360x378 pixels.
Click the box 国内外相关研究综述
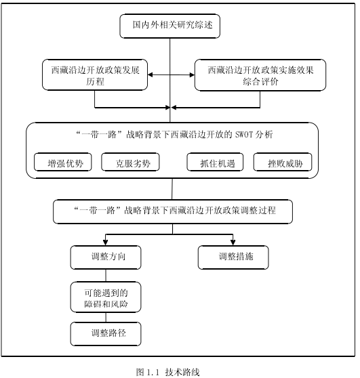click(x=170, y=26)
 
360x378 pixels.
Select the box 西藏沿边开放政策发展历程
click(x=95, y=75)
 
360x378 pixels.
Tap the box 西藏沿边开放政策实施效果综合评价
click(x=260, y=75)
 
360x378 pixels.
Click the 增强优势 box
click(x=63, y=162)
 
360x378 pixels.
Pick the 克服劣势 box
click(x=130, y=162)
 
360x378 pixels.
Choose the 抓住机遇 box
click(x=215, y=162)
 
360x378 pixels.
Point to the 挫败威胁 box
click(x=283, y=162)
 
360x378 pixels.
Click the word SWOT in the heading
click(x=243, y=135)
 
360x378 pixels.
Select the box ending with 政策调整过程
click(x=173, y=211)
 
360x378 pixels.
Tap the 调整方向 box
click(x=106, y=257)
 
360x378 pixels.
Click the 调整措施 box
click(x=233, y=257)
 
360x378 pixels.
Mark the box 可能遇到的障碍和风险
click(x=106, y=297)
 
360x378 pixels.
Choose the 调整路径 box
click(x=106, y=334)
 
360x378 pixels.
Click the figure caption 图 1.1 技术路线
click(x=167, y=372)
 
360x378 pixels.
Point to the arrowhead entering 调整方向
click(x=106, y=243)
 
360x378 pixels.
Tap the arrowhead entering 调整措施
click(x=233, y=243)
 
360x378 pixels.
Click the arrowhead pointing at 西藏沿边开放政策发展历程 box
click(x=151, y=75)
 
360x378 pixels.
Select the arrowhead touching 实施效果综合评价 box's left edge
click(x=192, y=75)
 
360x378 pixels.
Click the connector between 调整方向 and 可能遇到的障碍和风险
click(x=106, y=276)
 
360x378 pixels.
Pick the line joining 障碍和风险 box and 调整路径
click(x=106, y=318)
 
